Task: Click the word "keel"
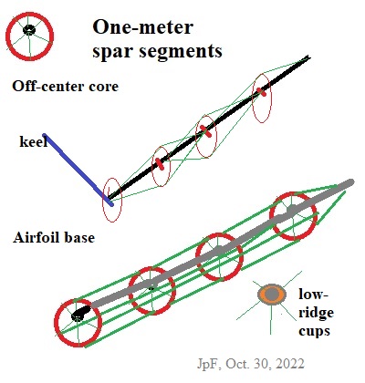point(34,141)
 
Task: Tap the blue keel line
point(78,170)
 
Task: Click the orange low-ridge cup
point(272,295)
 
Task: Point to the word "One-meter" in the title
point(142,27)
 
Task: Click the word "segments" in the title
point(181,51)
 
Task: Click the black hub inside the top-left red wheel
point(29,30)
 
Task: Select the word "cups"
point(314,331)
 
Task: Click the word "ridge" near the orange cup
point(316,313)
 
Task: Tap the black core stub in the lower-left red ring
point(80,314)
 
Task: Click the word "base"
point(80,237)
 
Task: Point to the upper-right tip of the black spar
point(308,57)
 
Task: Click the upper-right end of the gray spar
point(350,182)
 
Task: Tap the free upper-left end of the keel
point(45,135)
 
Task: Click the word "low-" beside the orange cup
point(314,295)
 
